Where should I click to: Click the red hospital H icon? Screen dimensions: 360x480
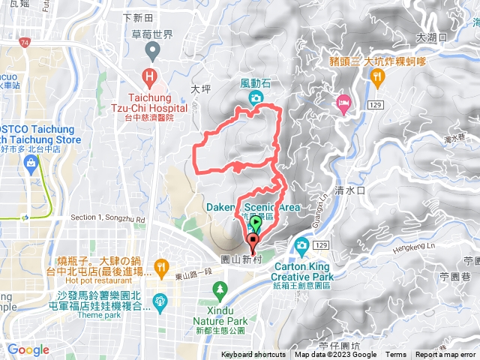[x=151, y=76]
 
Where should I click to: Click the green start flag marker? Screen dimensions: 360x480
[x=256, y=223]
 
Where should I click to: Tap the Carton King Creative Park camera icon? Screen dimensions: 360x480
[x=301, y=244]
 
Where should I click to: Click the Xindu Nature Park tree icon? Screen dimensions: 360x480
[x=220, y=288]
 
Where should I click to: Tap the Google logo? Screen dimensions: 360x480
[x=28, y=349]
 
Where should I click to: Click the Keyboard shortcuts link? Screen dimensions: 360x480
[x=253, y=355]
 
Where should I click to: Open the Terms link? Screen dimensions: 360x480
[x=396, y=355]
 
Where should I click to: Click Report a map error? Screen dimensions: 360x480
[x=447, y=355]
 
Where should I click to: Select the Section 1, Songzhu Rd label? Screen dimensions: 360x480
[x=106, y=217]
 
